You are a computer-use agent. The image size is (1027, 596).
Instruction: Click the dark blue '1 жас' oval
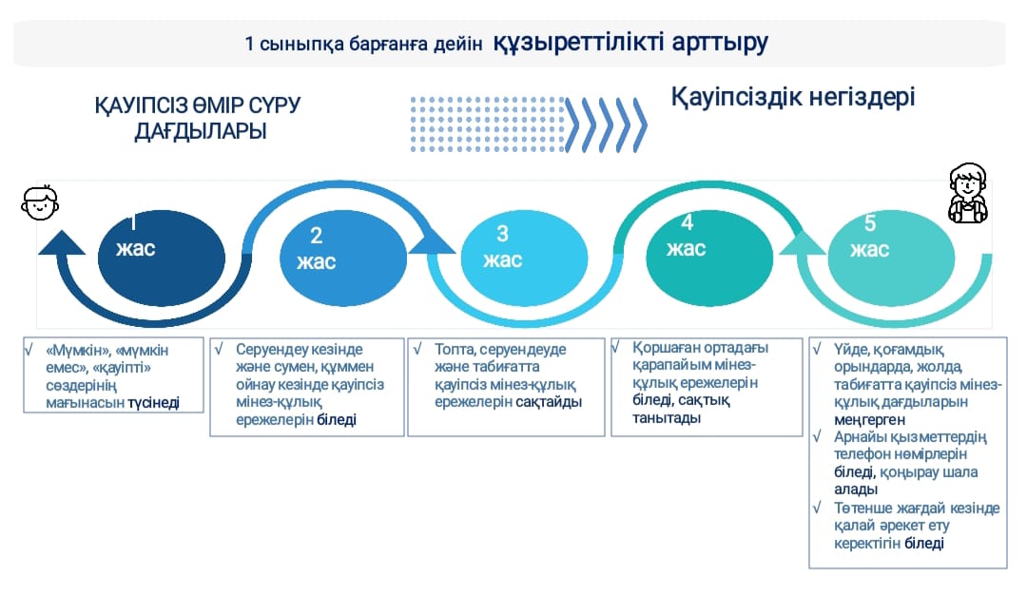click(x=161, y=258)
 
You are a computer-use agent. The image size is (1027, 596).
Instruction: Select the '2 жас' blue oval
click(x=343, y=258)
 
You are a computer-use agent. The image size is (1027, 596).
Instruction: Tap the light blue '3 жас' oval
click(x=525, y=258)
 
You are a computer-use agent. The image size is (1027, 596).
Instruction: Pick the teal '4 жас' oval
click(x=709, y=258)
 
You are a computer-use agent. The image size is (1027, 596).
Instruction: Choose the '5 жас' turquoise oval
click(x=891, y=258)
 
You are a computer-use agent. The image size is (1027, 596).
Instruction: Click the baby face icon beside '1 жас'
click(x=40, y=202)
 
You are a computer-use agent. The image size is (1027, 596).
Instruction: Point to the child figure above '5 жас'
click(x=968, y=193)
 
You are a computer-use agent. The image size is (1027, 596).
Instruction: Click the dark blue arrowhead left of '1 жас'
click(x=62, y=242)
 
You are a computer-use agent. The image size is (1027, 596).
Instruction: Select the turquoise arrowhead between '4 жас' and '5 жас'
click(x=802, y=243)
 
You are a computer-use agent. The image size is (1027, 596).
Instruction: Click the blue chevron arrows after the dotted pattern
click(x=606, y=125)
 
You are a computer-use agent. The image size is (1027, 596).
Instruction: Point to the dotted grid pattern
click(x=487, y=125)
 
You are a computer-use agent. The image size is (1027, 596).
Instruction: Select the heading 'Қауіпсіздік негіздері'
click(x=792, y=97)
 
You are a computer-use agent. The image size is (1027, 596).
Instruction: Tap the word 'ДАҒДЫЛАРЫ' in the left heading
click(x=201, y=131)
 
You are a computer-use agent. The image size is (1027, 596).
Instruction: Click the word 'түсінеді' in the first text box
click(x=153, y=403)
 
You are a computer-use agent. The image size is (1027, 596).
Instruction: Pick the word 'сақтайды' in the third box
click(x=549, y=401)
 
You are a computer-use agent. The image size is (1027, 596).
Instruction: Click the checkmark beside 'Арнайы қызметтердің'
click(x=818, y=436)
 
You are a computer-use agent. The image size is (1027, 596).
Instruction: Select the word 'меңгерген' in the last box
click(x=869, y=420)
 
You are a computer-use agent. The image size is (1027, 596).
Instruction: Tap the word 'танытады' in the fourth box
click(x=666, y=418)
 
